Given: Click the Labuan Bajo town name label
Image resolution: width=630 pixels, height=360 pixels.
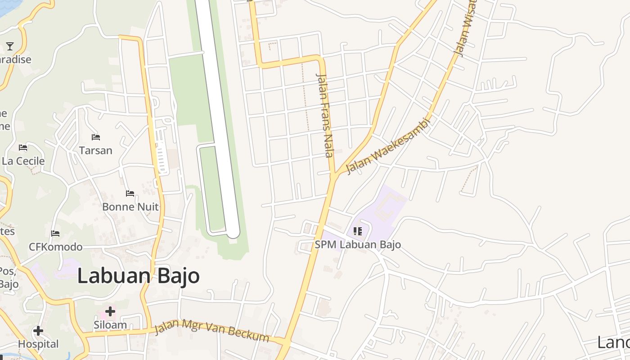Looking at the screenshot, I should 139,275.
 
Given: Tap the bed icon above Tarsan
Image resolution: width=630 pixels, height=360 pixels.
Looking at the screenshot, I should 95,137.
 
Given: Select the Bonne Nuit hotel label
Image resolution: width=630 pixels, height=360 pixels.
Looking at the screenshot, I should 130,207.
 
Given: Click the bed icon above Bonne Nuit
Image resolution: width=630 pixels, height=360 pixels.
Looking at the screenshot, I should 130,193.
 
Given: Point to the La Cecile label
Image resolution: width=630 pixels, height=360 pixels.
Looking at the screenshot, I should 23,161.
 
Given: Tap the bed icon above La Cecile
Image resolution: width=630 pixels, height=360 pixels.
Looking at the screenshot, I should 23,148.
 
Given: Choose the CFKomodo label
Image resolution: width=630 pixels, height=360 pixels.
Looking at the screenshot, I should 56,247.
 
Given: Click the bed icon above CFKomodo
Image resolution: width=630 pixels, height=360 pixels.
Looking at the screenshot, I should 55,234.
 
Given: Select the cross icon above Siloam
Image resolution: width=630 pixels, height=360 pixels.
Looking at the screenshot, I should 110,311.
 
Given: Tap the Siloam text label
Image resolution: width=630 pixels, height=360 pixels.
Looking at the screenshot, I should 110,325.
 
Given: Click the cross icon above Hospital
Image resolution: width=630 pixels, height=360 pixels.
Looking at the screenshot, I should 38,331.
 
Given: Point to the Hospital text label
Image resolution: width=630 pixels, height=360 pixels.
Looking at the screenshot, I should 38,344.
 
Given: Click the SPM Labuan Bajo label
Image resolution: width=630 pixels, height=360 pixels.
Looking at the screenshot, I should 358,245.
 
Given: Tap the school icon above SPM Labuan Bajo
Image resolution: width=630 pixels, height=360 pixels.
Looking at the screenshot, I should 358,232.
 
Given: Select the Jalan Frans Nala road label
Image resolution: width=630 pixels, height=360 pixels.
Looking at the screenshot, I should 325,115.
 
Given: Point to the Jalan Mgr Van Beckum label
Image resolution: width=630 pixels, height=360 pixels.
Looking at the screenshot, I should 211,331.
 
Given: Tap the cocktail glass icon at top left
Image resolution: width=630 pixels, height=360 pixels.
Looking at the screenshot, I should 10,46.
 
